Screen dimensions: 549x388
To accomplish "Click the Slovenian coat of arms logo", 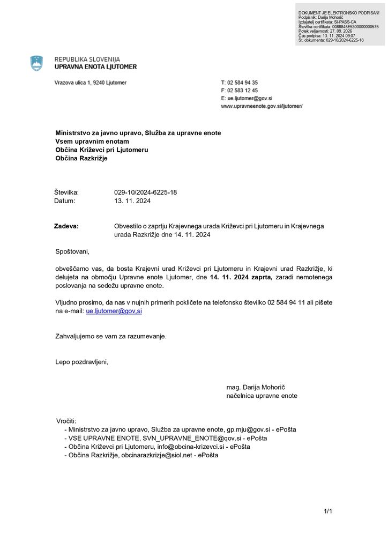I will [36, 63].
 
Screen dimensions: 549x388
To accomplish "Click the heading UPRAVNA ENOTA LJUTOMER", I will [95, 67].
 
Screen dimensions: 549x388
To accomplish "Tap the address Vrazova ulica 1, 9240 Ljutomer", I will [91, 83].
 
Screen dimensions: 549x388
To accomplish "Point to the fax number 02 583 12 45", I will [242, 91].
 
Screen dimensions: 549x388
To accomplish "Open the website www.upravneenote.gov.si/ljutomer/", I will [262, 106].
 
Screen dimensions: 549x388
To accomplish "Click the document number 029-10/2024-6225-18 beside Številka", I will [145, 192].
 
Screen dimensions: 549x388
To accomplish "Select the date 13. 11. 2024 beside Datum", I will [132, 201].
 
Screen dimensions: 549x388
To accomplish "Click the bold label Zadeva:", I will [66, 226].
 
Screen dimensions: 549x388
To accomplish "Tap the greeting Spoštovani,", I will [72, 251].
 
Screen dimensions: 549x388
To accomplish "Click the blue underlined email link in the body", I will [114, 311].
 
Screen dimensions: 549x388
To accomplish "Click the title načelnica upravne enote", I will [262, 396].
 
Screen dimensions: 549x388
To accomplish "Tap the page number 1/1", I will [328, 511].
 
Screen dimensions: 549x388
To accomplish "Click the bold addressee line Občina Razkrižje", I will [81, 158].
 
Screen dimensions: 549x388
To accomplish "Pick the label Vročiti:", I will [66, 421].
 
